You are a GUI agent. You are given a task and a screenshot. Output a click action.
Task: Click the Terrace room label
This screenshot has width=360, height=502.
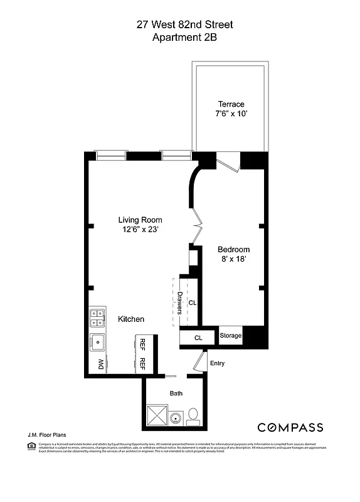pyautogui.click(x=231, y=104)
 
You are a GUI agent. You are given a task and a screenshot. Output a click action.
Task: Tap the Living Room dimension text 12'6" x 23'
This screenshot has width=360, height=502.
pyautogui.click(x=140, y=230)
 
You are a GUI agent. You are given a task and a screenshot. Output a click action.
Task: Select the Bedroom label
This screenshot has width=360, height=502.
pyautogui.click(x=234, y=249)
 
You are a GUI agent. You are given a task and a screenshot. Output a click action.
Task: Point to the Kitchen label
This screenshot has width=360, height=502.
pyautogui.click(x=131, y=319)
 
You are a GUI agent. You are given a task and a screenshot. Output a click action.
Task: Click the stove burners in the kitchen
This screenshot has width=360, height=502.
pyautogui.click(x=97, y=319)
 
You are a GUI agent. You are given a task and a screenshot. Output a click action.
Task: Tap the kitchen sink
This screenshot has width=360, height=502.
pyautogui.click(x=97, y=343)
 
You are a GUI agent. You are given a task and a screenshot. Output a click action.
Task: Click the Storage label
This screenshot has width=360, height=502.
pyautogui.click(x=230, y=336)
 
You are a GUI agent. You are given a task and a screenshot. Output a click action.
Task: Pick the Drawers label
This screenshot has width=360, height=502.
pyautogui.click(x=179, y=302)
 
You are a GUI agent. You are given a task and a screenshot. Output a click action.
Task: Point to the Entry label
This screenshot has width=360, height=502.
pyautogui.click(x=217, y=363)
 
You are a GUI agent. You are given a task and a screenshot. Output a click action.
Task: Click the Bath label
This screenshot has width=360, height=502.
pyautogui.click(x=176, y=393)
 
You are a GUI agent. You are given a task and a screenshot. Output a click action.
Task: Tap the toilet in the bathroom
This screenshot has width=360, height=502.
pyautogui.click(x=193, y=415)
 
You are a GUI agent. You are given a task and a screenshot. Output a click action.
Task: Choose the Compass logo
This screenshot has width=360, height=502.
pyautogui.click(x=290, y=428)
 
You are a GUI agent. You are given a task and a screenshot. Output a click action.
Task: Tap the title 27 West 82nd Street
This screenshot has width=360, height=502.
pyautogui.click(x=185, y=25)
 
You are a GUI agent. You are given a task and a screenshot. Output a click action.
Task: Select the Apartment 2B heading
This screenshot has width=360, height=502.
pyautogui.click(x=185, y=38)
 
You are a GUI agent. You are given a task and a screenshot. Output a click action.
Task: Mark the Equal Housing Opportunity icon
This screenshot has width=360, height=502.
pyautogui.click(x=31, y=446)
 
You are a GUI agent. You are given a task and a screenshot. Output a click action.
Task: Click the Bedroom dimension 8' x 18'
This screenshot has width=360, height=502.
pyautogui.click(x=234, y=259)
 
